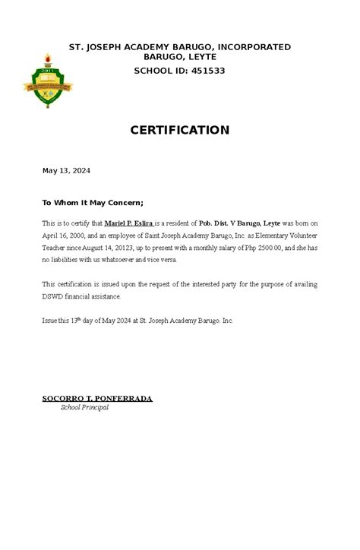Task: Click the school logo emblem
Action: pyautogui.click(x=48, y=80)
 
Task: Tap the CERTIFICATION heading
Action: pyautogui.click(x=180, y=131)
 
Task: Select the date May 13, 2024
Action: pyautogui.click(x=65, y=171)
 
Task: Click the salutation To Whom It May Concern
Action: pyautogui.click(x=92, y=203)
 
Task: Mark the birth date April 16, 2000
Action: pyautogui.click(x=65, y=236)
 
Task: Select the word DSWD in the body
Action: pyautogui.click(x=53, y=296)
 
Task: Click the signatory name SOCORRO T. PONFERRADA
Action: pyautogui.click(x=96, y=398)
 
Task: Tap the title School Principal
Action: pyautogui.click(x=84, y=408)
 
